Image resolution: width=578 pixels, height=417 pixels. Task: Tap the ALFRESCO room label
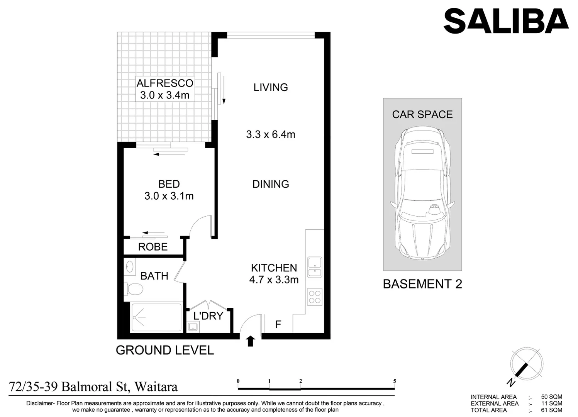[x=165, y=83]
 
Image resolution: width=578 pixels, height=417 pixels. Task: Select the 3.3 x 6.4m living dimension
[x=270, y=135]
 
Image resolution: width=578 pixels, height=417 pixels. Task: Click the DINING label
[x=270, y=184]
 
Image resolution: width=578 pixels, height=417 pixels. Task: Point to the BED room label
[x=169, y=184]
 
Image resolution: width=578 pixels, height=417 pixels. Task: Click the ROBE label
[x=153, y=247]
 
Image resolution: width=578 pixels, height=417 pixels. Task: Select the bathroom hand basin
[x=130, y=266]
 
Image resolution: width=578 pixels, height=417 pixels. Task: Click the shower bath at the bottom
[x=156, y=318]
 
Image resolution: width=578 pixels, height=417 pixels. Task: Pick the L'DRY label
[x=208, y=316]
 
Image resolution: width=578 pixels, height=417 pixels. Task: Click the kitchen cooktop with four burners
[x=315, y=297]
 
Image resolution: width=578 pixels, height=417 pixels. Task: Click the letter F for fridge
[x=278, y=325]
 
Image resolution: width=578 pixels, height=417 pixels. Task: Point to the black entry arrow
[x=251, y=341]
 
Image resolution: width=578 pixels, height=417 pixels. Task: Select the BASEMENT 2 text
[x=422, y=284]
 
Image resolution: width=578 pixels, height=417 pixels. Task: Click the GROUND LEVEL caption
[x=165, y=350]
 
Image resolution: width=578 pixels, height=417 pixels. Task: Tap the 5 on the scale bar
[x=395, y=381]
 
